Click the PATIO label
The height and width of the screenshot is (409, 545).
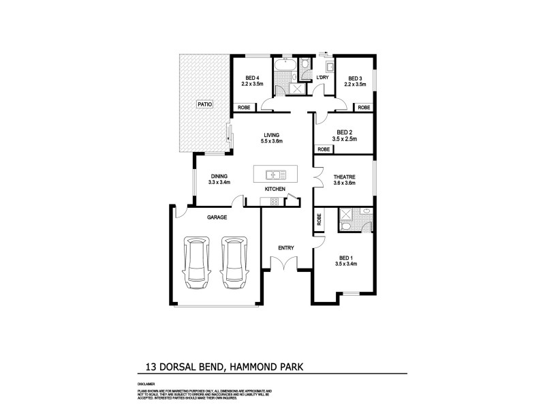(205, 104)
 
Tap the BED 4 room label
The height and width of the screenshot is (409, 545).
(252, 78)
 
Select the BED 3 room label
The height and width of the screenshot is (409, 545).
(356, 78)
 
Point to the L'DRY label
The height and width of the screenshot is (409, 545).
(323, 78)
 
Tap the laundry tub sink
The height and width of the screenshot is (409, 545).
(330, 67)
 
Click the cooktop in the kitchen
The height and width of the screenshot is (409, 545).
(275, 201)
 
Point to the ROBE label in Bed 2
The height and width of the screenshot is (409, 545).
(324, 149)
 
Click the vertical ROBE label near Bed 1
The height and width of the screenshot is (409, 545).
(319, 220)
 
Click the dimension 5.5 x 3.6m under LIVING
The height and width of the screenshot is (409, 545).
(271, 142)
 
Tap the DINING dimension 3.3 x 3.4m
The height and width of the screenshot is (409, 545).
(219, 182)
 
